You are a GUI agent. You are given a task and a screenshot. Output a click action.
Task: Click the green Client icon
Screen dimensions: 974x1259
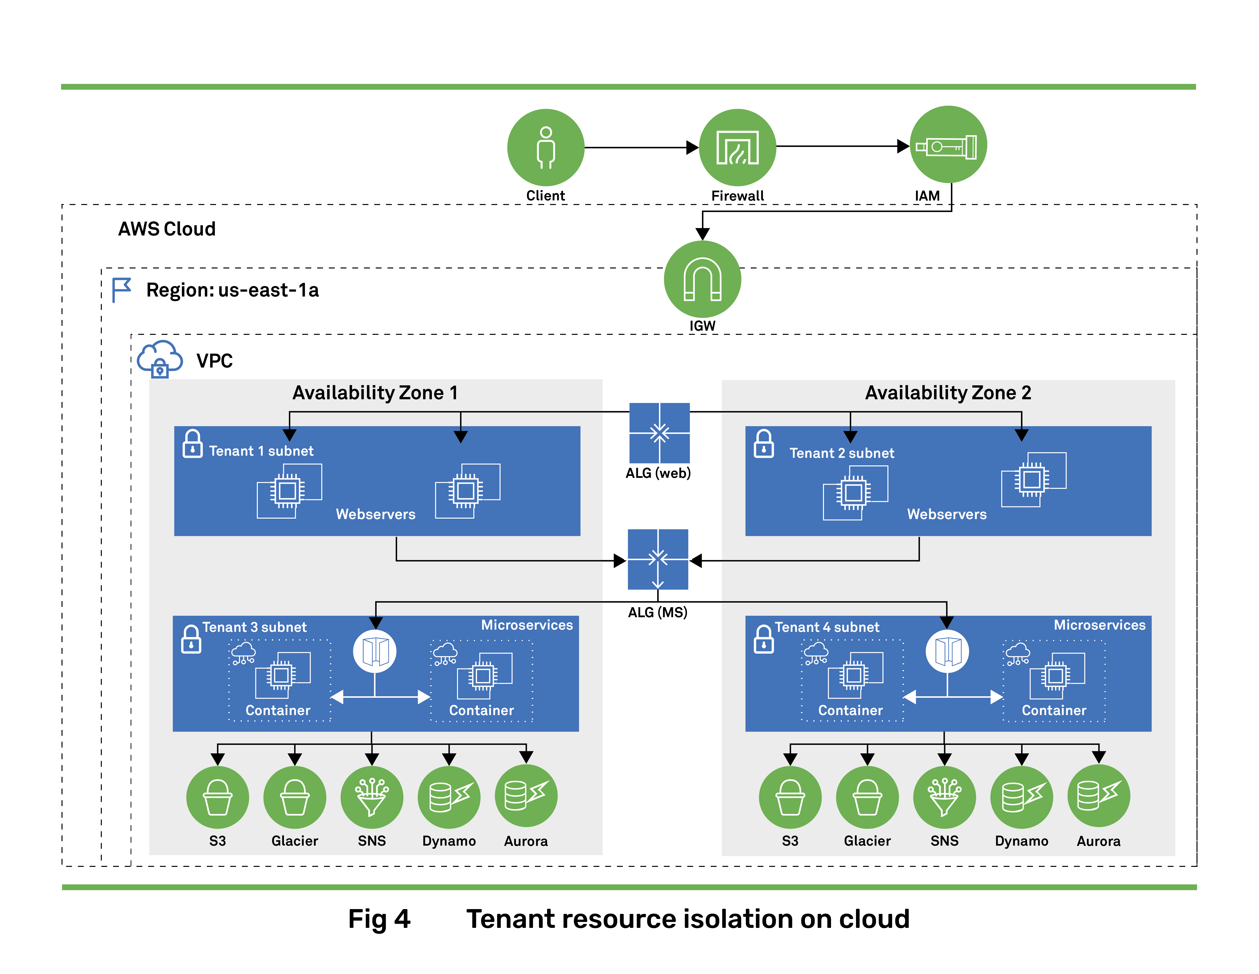pos(545,148)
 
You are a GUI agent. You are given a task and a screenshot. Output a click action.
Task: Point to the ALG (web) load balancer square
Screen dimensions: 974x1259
pos(659,433)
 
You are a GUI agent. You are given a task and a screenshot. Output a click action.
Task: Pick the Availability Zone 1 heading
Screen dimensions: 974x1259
pos(375,392)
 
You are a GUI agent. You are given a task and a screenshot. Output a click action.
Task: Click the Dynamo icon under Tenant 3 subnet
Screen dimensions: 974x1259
pos(449,797)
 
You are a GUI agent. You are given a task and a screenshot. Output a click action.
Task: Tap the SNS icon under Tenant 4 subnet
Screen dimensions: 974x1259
pos(944,797)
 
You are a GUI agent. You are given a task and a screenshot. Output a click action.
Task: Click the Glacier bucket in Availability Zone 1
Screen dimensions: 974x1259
pos(295,797)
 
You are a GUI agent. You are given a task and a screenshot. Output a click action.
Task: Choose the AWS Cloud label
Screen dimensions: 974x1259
pos(166,229)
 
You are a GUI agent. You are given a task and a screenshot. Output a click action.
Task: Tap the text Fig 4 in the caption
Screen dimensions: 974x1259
pos(379,919)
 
